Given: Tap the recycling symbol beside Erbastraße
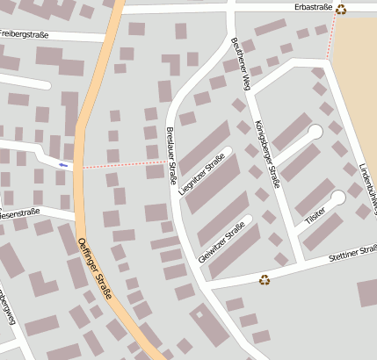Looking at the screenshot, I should point(340,10).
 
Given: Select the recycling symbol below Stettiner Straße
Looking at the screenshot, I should point(265,280).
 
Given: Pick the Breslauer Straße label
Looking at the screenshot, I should point(170,155).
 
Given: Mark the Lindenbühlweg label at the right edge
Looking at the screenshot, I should point(367,187).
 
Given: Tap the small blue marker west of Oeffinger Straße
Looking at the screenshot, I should point(62,164).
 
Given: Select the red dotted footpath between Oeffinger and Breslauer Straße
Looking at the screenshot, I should point(123,163).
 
